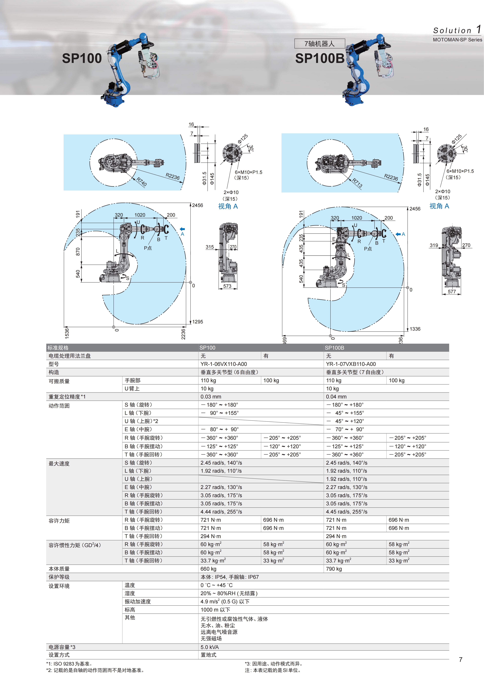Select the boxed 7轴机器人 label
[319, 44]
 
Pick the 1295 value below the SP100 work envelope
[198, 322]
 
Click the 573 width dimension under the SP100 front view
[227, 286]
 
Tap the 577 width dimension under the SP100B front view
[452, 291]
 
